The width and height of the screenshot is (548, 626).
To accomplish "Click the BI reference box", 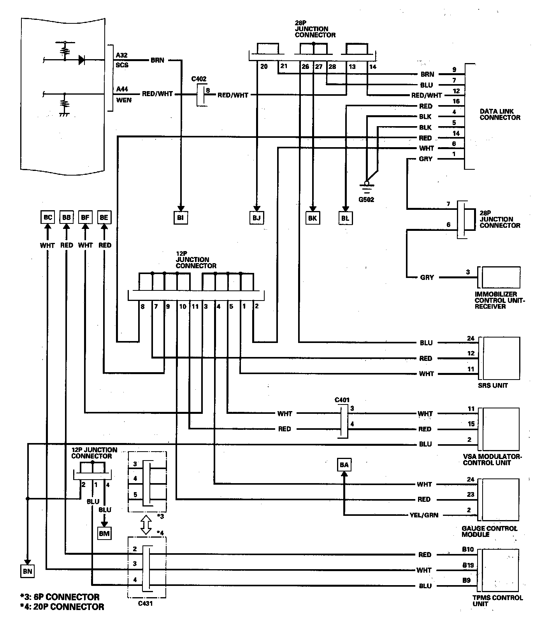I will (x=180, y=218).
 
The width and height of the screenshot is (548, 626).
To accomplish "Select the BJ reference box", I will (x=256, y=218).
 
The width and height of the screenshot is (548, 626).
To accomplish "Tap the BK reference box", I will (x=312, y=218).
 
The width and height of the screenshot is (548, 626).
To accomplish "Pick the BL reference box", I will (x=345, y=218).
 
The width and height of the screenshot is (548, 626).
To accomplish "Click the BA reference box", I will (x=344, y=465).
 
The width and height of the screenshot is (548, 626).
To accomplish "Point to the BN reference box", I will (x=27, y=571).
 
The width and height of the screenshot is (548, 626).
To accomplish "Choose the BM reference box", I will (x=104, y=533).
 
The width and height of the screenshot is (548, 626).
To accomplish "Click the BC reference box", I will (x=47, y=217).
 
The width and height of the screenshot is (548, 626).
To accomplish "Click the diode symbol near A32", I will (x=82, y=60).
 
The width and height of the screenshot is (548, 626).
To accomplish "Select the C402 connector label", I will (x=199, y=79).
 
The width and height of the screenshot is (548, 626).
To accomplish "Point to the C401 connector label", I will (x=342, y=400).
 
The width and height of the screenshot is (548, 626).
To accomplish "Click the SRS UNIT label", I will (x=493, y=385).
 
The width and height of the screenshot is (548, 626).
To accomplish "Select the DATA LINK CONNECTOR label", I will (x=500, y=114).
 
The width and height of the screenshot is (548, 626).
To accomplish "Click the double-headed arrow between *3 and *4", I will (x=146, y=525).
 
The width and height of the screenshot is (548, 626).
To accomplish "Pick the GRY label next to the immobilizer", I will (x=427, y=278).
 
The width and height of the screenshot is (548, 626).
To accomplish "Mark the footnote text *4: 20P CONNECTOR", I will (x=62, y=607).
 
